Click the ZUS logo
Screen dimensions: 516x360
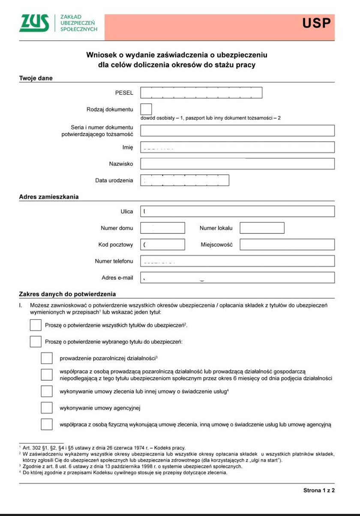tap(34, 24)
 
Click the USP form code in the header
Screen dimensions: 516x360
tap(317, 24)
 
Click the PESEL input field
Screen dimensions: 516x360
tap(201, 92)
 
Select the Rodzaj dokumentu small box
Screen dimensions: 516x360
tap(146, 109)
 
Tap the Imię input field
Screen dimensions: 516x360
tap(237, 147)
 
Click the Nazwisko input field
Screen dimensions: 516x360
tap(237, 164)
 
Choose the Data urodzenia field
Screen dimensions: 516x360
tap(185, 180)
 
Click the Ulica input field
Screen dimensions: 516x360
tap(237, 212)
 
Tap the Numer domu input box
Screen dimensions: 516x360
tap(162, 228)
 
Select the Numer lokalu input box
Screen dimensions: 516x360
tap(262, 228)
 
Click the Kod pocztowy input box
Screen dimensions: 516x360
tap(162, 245)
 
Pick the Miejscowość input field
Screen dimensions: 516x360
tap(287, 245)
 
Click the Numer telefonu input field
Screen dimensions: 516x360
tap(237, 261)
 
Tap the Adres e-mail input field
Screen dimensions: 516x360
tap(237, 277)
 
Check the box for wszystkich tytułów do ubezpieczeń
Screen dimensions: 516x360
tap(36, 325)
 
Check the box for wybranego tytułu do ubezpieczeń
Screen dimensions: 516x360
tap(36, 342)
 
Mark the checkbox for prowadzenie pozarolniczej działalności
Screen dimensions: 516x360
tap(47, 358)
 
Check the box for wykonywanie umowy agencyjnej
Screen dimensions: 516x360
tap(47, 408)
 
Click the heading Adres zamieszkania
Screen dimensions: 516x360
tap(49, 197)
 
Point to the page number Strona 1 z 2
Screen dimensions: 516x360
tap(319, 490)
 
